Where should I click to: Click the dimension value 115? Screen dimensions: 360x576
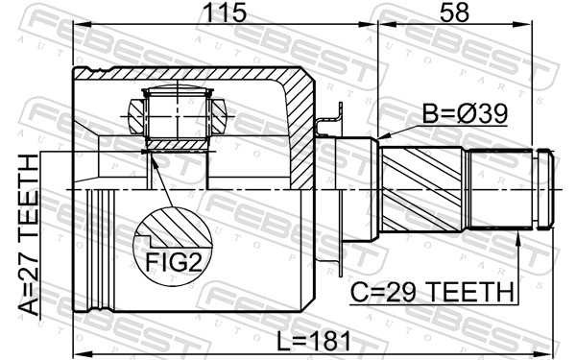tap(226, 13)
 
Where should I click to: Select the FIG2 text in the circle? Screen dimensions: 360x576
tap(174, 261)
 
